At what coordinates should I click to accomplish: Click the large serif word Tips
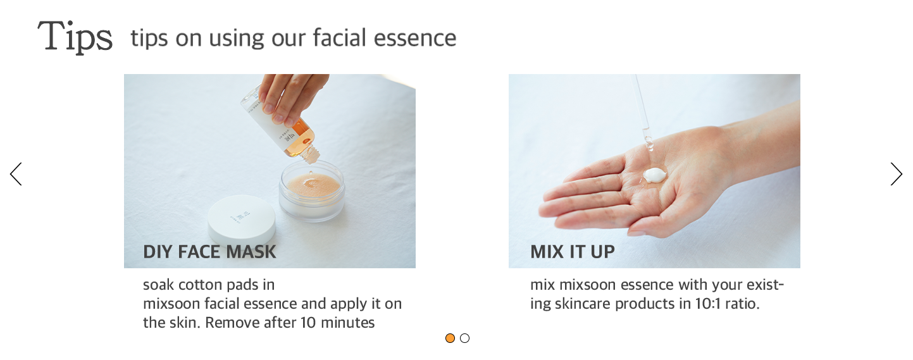tap(75, 37)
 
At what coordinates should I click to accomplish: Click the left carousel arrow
tap(16, 174)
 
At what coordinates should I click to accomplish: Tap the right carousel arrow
tap(896, 174)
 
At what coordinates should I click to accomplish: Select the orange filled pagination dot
tap(450, 338)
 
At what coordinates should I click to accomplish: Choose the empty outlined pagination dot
tap(464, 338)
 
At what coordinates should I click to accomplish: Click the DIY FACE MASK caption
tap(209, 252)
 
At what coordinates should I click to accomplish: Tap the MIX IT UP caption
tap(572, 252)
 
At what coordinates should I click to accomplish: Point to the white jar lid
tap(241, 220)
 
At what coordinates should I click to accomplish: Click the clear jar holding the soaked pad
tap(312, 191)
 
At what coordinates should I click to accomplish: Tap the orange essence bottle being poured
tap(281, 122)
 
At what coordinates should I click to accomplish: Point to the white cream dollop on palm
tap(655, 175)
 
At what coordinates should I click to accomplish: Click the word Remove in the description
tap(232, 323)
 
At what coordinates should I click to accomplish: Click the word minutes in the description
tap(347, 323)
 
